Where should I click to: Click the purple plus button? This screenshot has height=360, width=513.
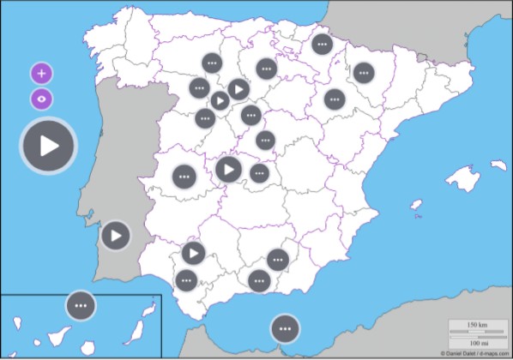tap(41, 73)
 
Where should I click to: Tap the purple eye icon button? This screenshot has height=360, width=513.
tap(41, 99)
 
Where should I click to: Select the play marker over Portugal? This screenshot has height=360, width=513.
tap(115, 234)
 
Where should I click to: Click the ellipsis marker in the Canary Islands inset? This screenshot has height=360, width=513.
tap(81, 304)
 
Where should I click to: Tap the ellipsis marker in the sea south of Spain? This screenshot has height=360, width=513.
tap(284, 327)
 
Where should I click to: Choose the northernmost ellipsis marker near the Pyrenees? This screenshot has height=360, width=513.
tap(322, 44)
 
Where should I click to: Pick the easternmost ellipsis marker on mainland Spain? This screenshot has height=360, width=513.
tap(364, 73)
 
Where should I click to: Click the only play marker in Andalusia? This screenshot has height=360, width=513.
tap(193, 253)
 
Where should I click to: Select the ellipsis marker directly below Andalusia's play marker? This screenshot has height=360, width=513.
tap(186, 279)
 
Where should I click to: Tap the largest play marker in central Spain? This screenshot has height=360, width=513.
tap(228, 170)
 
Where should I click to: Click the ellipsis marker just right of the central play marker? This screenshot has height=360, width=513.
tap(258, 174)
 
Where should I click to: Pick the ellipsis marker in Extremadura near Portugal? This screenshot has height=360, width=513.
tap(184, 177)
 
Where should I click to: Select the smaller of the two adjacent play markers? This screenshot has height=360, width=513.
tap(220, 101)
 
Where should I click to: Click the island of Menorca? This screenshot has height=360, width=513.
tap(500, 165)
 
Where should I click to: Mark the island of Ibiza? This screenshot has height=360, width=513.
tap(415, 206)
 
